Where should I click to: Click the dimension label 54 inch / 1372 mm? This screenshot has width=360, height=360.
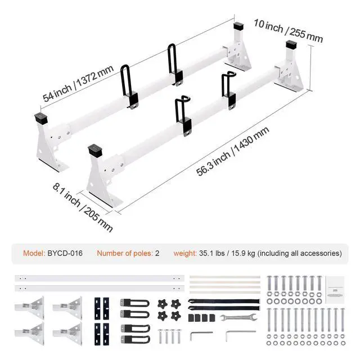pos(79,84)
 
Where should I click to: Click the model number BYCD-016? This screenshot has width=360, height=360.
pos(65,253)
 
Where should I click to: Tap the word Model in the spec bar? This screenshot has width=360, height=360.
pos(33,253)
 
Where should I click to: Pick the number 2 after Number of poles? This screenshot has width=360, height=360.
pos(157,253)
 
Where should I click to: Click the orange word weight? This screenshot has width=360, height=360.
pos(184,253)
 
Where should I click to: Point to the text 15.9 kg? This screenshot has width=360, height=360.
pos(244,253)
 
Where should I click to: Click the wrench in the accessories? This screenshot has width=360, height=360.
pos(237,319)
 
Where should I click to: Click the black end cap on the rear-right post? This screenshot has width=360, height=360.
pos(291,44)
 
